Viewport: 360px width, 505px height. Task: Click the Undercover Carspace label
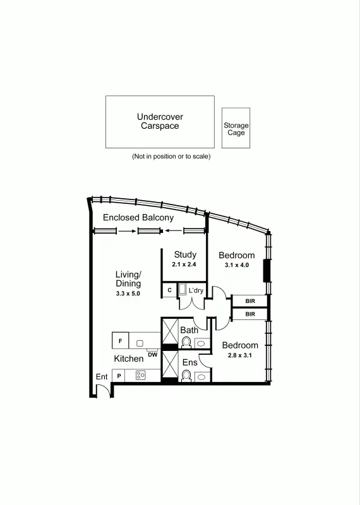coord(160,121)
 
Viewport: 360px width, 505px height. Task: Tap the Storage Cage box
coord(236,129)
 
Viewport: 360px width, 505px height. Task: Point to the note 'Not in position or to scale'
coord(171,156)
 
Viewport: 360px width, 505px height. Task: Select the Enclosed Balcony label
coord(138,218)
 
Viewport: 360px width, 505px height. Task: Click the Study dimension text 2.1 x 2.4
coord(185,264)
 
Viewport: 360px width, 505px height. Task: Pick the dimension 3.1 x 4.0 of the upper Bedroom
coord(237,266)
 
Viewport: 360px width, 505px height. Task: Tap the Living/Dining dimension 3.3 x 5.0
coord(128,294)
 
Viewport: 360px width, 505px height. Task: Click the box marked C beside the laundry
coord(169,290)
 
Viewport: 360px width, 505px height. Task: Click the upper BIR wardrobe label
coord(250,301)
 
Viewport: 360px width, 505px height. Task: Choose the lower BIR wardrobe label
coord(250,314)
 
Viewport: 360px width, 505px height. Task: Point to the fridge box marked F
coord(119,341)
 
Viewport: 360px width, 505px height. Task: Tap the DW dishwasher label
coord(152,355)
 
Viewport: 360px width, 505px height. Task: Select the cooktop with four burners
coord(140,376)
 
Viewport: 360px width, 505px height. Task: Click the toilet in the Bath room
coord(187,343)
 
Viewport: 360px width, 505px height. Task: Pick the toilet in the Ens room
coord(187,376)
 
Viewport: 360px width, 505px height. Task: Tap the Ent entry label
coord(102,377)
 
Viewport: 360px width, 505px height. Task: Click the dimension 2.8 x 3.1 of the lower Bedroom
coord(239,355)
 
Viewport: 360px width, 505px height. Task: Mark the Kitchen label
coord(128,359)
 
